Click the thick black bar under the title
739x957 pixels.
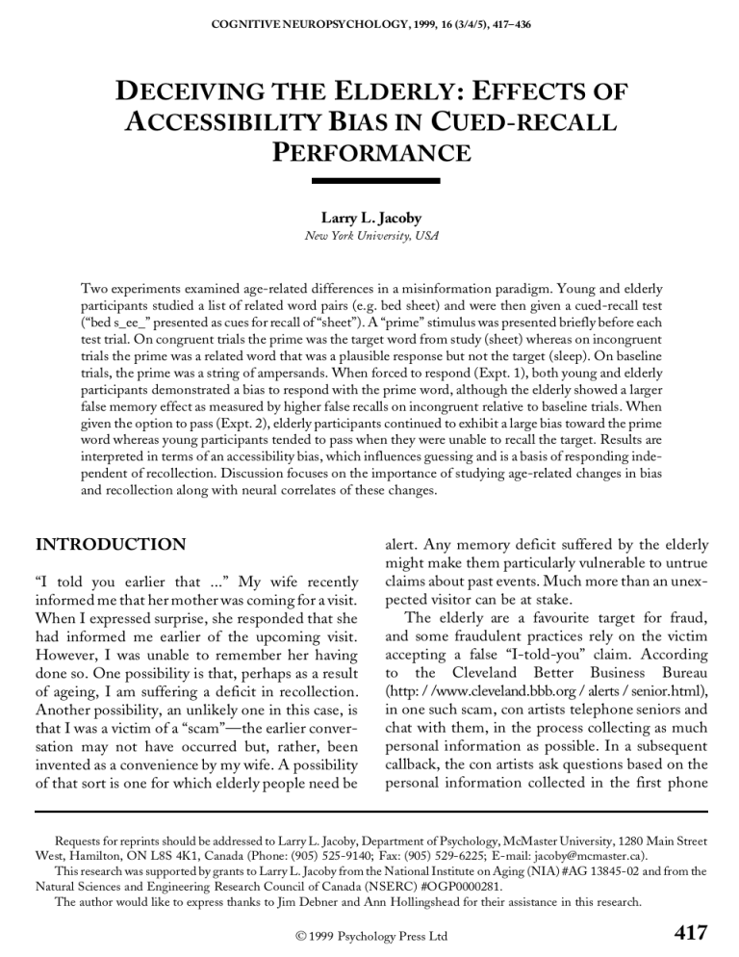coord(369,179)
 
